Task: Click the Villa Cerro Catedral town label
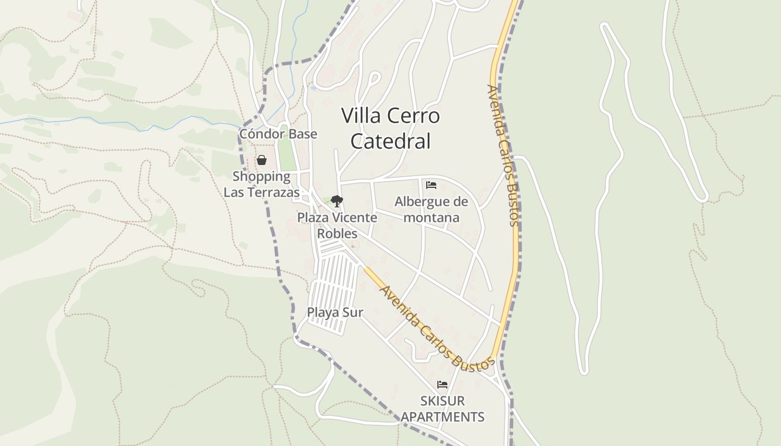click(390, 128)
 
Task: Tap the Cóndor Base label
click(278, 134)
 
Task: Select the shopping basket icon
click(261, 161)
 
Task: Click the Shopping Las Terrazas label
click(262, 185)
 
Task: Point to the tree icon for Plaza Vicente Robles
click(336, 201)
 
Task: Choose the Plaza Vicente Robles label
click(337, 225)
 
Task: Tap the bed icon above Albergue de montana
click(431, 185)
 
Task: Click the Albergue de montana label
click(431, 209)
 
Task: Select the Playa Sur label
click(335, 312)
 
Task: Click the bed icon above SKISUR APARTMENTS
click(442, 385)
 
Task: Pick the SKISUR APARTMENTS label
click(442, 409)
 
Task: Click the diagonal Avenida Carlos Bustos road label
click(437, 328)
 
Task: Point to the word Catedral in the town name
click(390, 142)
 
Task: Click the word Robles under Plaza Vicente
click(337, 233)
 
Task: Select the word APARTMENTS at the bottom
click(442, 416)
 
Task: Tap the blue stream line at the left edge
click(33, 120)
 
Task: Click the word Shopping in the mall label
click(262, 177)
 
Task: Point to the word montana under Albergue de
click(431, 217)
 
